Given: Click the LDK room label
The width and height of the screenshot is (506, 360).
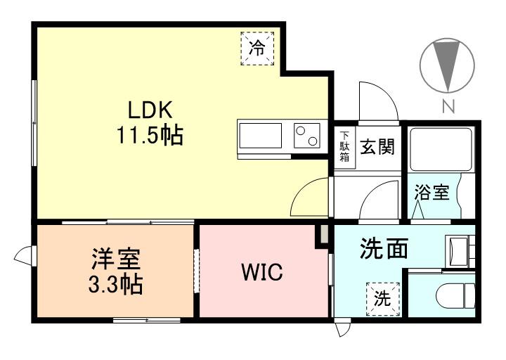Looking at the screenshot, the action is (x=150, y=110).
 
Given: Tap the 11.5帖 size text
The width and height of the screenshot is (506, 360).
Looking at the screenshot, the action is (x=150, y=134).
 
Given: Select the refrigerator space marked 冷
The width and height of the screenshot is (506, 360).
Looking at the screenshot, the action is (x=257, y=49).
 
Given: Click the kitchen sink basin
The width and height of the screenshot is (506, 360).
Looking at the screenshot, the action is (x=261, y=136).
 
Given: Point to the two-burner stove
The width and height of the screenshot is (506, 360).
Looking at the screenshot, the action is (x=307, y=136).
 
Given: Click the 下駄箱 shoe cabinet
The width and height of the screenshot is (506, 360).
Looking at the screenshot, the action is (x=344, y=147).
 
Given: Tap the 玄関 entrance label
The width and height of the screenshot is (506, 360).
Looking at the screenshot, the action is (x=377, y=146).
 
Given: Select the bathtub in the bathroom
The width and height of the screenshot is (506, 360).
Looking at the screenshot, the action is (x=441, y=150).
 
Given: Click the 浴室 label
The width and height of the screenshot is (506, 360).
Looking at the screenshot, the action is (x=432, y=192).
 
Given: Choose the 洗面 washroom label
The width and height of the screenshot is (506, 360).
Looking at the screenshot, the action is (x=384, y=248).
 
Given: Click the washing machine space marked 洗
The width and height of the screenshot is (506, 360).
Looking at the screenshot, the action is (x=383, y=300).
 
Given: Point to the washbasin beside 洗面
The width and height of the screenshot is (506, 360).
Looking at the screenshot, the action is (x=459, y=252).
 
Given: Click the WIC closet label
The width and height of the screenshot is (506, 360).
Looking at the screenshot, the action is (x=262, y=272).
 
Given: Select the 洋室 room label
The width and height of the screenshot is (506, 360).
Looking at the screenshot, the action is (x=116, y=259).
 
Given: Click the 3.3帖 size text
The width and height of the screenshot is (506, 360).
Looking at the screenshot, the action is (x=116, y=284).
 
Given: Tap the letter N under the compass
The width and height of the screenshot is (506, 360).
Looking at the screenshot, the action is (x=448, y=106).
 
